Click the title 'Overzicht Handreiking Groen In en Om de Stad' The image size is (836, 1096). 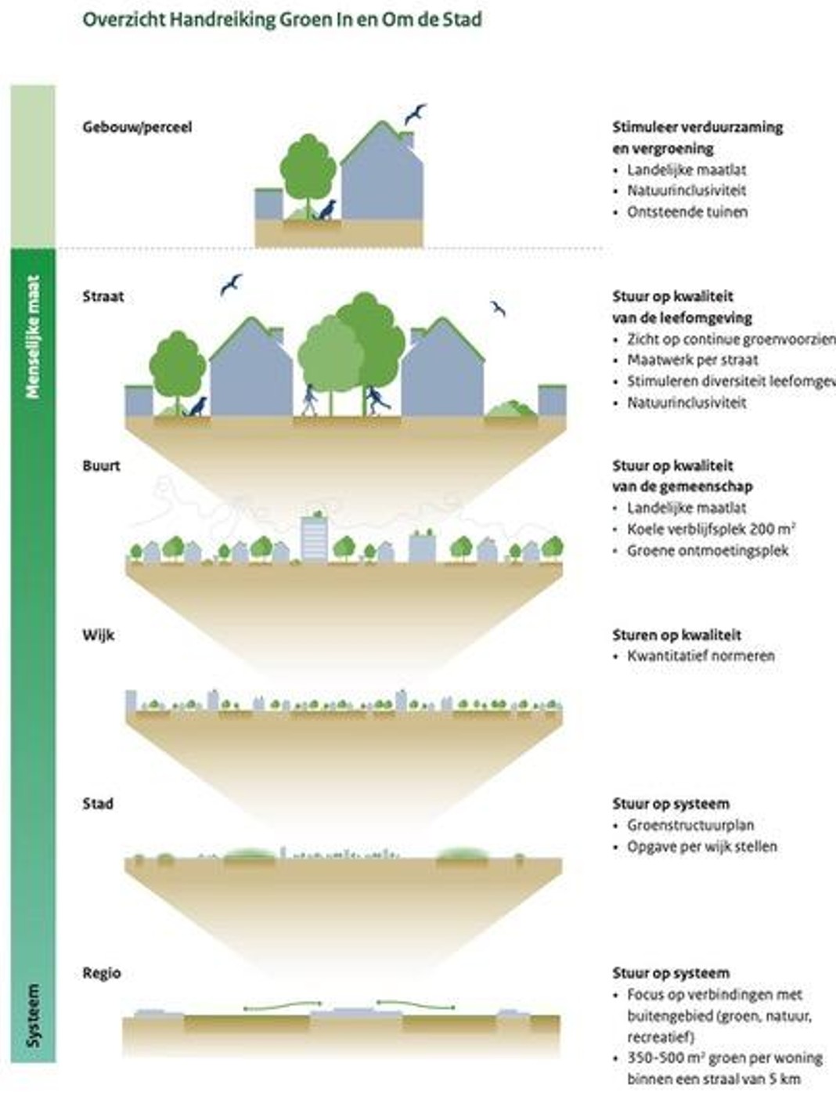tap(282, 20)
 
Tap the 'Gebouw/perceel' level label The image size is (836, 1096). tap(137, 127)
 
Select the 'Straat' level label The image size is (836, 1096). tap(103, 296)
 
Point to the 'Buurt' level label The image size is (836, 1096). tap(102, 465)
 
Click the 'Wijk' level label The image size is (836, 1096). tap(99, 635)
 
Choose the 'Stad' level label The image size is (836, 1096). tap(98, 804)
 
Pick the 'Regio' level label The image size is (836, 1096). tap(102, 973)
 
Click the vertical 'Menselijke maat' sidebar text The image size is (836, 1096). tap(33, 337)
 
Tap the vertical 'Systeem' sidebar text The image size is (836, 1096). tap(33, 1015)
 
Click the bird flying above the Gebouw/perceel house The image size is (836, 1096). tap(415, 114)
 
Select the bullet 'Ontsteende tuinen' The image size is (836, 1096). tap(686, 212)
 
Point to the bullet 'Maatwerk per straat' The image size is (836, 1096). tap(692, 360)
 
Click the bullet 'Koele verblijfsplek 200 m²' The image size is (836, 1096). tap(711, 529)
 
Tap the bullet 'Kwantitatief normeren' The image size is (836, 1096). tap(701, 656)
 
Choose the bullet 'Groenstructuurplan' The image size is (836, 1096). tap(690, 825)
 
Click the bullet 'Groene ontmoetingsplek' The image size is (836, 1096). tap(707, 551)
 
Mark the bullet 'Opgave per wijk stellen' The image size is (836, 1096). tap(701, 846)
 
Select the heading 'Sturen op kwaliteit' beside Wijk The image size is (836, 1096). tap(676, 635)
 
